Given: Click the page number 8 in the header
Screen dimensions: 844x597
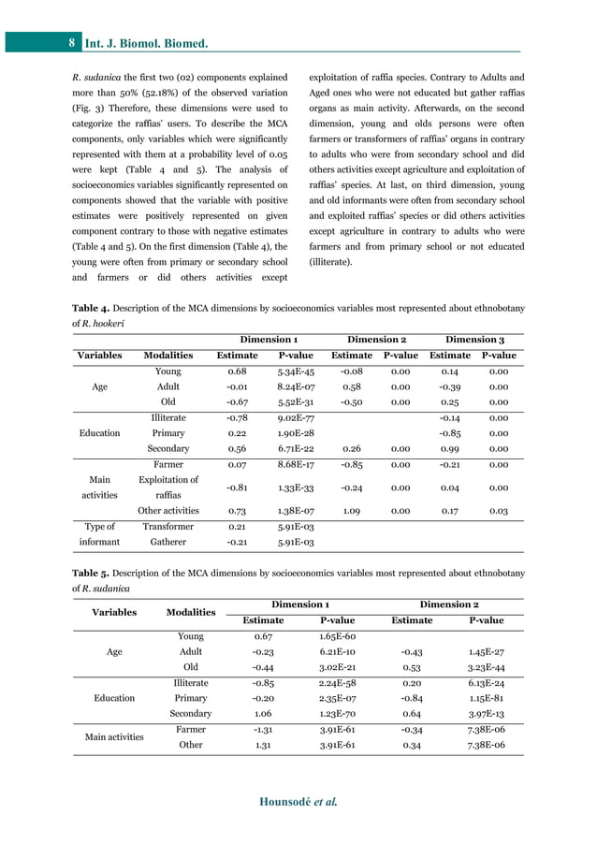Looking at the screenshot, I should [x=72, y=43].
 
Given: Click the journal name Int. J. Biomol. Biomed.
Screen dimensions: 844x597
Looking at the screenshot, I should [x=146, y=43].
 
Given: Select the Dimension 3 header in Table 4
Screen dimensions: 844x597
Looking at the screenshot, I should [x=475, y=339].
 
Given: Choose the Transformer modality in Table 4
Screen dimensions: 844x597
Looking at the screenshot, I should [x=168, y=526].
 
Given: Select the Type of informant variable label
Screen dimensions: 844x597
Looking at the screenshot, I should [x=99, y=533].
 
